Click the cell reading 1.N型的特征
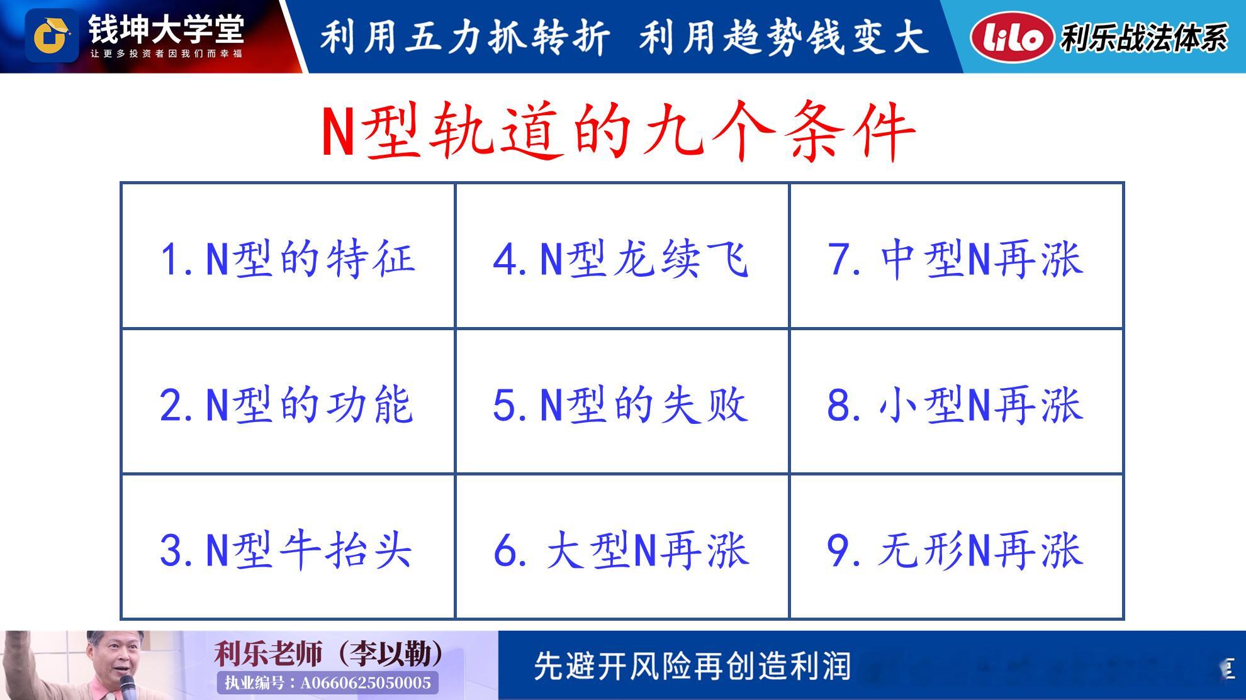288,256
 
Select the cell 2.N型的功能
288,401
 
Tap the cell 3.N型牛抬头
288,547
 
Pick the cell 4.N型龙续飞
622,256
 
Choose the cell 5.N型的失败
622,401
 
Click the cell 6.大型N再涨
622,547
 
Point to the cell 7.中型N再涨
957,256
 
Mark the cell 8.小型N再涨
957,401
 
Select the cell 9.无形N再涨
957,547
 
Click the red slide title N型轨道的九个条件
618,131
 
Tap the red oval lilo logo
1012,37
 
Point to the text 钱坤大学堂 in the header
166,29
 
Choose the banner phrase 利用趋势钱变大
784,36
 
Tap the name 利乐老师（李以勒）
328,653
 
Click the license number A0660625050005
366,683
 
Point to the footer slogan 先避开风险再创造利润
692,666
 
